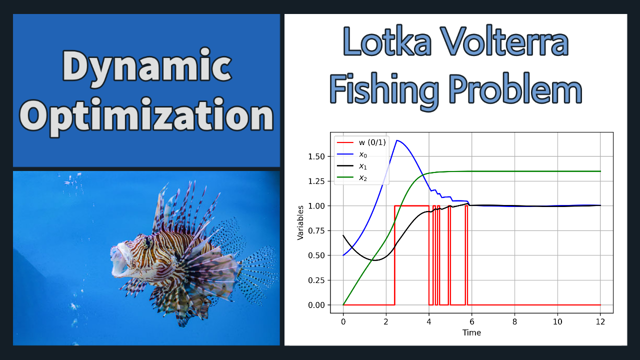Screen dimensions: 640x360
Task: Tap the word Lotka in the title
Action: [387, 42]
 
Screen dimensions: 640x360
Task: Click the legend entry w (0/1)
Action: [361, 142]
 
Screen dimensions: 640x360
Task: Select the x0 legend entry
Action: [352, 154]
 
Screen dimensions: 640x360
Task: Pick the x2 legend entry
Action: [352, 177]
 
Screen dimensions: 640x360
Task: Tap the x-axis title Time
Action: [471, 332]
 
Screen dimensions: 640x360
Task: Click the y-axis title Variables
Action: [300, 223]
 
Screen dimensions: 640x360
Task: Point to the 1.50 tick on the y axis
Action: [316, 156]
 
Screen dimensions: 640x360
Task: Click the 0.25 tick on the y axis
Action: [316, 280]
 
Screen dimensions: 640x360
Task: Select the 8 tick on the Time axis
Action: [514, 322]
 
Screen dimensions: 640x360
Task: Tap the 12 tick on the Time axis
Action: [600, 322]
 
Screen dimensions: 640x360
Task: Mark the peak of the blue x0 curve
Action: [397, 140]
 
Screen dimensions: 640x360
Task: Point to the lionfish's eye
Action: [147, 241]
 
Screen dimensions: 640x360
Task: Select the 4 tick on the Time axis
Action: [429, 322]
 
